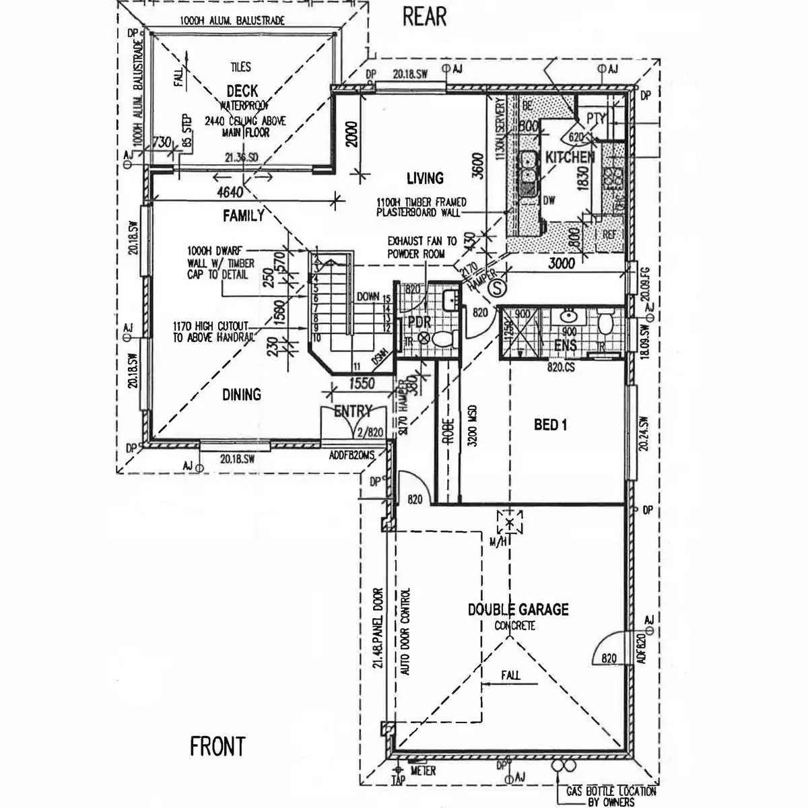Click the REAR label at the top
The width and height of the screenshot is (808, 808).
(x=424, y=16)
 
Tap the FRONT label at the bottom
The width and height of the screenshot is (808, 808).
(x=217, y=746)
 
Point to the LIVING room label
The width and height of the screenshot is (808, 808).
(x=425, y=178)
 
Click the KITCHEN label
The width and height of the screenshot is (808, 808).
(x=570, y=158)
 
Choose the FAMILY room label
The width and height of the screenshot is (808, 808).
(x=243, y=216)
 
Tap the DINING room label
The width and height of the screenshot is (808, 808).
(x=242, y=395)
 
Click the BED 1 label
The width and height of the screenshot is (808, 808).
(x=551, y=425)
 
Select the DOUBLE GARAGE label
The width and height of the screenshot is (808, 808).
(x=518, y=610)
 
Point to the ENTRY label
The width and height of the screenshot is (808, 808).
(x=352, y=411)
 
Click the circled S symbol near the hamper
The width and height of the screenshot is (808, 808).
(x=496, y=288)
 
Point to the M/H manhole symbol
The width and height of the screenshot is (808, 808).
(x=510, y=524)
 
